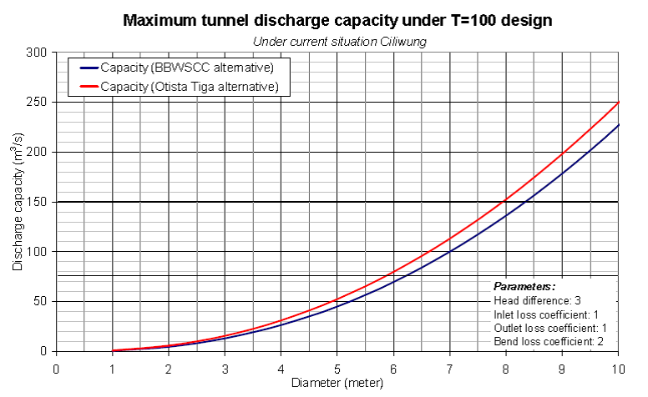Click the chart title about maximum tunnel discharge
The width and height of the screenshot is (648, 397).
pyautogui.click(x=337, y=21)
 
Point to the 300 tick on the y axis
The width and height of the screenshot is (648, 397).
pyautogui.click(x=36, y=52)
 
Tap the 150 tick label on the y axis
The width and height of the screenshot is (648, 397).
pyautogui.click(x=36, y=202)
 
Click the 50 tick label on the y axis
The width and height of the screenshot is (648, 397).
pyautogui.click(x=39, y=301)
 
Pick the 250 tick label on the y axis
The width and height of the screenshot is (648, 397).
pyautogui.click(x=36, y=102)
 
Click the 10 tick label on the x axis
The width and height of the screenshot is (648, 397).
pyautogui.click(x=618, y=367)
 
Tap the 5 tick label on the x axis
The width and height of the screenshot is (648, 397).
pyautogui.click(x=337, y=367)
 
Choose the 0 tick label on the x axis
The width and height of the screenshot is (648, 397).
pyautogui.click(x=56, y=367)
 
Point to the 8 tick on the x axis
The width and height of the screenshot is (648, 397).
pyautogui.click(x=506, y=367)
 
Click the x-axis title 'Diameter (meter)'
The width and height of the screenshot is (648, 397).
pyautogui.click(x=337, y=384)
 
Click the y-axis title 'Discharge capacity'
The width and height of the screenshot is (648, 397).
pyautogui.click(x=18, y=202)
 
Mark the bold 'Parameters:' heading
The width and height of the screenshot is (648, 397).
pyautogui.click(x=519, y=286)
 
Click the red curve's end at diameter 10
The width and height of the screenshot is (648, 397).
pyautogui.click(x=618, y=102)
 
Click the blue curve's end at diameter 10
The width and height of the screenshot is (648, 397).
pyautogui.click(x=618, y=124)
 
